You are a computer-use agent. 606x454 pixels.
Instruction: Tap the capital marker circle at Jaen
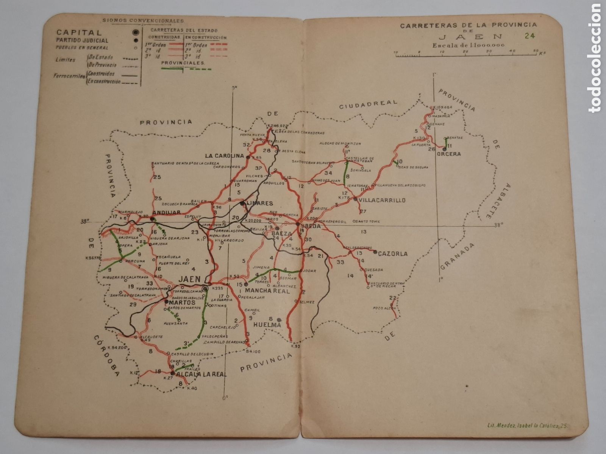[205, 289]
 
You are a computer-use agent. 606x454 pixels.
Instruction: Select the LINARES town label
[259, 204]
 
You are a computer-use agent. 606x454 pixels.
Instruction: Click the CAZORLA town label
[393, 254]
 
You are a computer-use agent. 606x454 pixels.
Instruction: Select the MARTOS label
[183, 303]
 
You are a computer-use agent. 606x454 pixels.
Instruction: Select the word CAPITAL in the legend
[79, 33]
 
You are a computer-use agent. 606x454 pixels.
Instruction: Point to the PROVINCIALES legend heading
[183, 63]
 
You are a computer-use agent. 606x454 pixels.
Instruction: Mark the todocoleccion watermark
[596, 57]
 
